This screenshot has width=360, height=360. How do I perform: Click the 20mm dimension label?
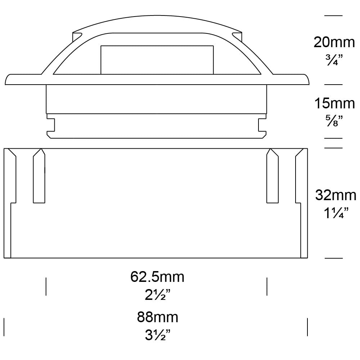coord(334,42)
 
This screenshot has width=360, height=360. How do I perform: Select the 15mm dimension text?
coord(334,104)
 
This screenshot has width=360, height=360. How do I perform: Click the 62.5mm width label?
coord(157,277)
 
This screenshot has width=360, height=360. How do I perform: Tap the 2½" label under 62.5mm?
coord(157,295)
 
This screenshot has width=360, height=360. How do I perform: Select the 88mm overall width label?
coord(157,318)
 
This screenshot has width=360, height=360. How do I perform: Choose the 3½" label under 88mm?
coord(157,336)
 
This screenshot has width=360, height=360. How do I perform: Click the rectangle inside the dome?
coord(157,60)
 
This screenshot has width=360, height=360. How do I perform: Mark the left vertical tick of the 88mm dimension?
coord(4,327)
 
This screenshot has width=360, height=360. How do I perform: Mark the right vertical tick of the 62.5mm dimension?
coord(267,287)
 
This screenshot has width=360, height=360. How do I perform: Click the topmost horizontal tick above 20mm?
coord(334,15)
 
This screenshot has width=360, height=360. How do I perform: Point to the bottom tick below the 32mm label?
coord(334,258)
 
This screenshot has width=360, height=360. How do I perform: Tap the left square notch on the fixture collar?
coord(51,125)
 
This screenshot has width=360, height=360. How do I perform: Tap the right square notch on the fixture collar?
coord(262,125)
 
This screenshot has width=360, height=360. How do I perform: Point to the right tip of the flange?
coord(309,80)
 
